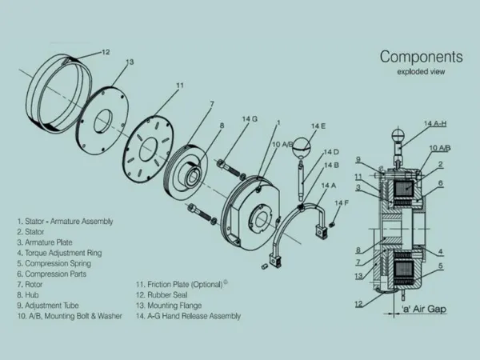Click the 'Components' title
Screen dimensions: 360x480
click(x=421, y=57)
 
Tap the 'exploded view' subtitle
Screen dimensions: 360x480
click(x=420, y=72)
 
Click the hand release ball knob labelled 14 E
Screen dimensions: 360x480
click(x=302, y=146)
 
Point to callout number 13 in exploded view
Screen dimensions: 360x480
click(x=130, y=62)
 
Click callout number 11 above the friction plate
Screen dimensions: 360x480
click(x=180, y=85)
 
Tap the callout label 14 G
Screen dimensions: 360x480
click(x=250, y=120)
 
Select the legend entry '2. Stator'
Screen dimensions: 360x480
click(x=34, y=232)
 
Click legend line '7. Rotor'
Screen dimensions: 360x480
click(x=33, y=284)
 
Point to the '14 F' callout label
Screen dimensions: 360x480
click(x=342, y=203)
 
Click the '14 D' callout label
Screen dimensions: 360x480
click(x=331, y=151)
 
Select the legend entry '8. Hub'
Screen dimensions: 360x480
click(x=31, y=294)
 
